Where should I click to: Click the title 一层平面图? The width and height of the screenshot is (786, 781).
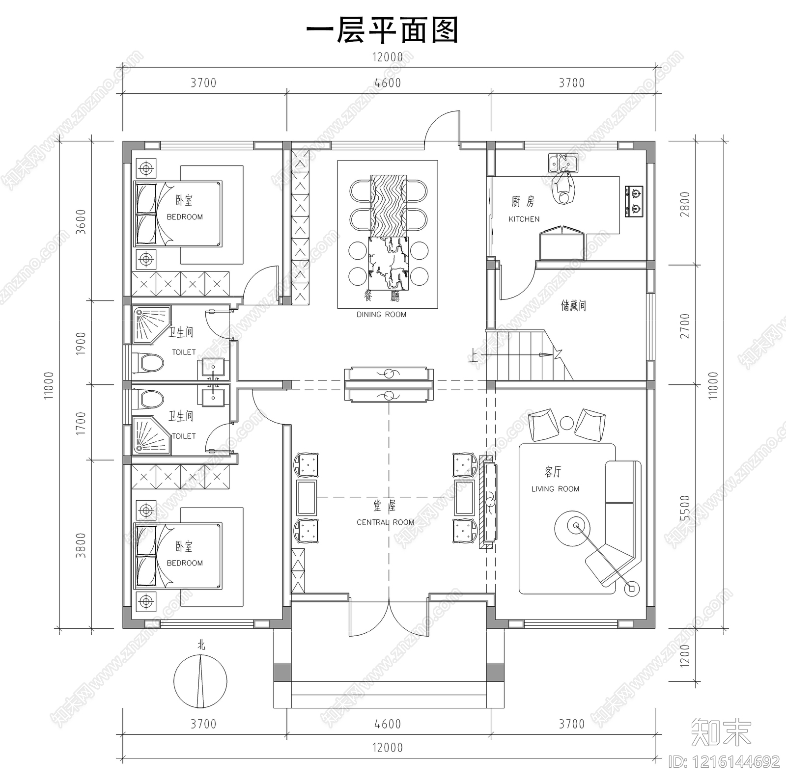382,30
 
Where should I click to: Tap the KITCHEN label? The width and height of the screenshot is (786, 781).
524,219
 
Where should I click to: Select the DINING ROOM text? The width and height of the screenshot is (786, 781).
381,315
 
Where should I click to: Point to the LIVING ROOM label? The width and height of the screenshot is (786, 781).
555,489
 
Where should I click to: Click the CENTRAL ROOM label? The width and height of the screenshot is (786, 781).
385,522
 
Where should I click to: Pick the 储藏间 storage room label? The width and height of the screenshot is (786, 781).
573,306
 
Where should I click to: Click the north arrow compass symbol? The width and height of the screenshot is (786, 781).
200,682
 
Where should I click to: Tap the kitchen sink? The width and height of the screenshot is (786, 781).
563,162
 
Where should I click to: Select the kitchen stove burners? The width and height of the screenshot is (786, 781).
634,201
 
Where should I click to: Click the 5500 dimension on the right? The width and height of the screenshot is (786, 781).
685,508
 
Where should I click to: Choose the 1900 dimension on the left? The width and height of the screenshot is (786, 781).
82,343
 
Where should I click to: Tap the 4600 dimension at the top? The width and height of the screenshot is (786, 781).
388,83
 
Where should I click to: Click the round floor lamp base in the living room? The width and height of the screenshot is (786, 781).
632,588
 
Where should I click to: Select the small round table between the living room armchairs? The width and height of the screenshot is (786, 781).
567,422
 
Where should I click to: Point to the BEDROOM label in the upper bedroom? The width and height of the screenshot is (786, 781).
185,217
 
